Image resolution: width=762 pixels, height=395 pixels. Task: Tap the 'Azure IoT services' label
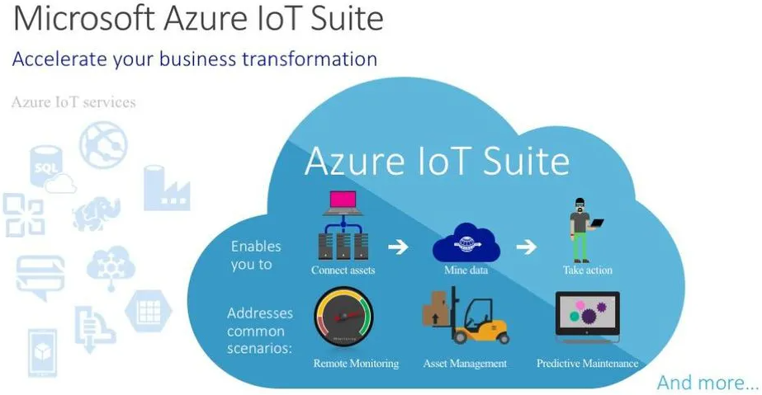(73, 102)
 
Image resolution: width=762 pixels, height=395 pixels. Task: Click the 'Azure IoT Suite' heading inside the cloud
(437, 161)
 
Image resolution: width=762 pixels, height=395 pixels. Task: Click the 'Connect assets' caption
(343, 270)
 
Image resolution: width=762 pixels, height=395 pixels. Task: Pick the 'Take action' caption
(587, 270)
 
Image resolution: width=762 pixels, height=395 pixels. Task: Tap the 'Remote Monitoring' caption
(356, 363)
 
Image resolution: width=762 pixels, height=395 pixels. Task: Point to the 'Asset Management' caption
(465, 363)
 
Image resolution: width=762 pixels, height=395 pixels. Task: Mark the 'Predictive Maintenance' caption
(587, 363)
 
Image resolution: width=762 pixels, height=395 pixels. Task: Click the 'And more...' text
(707, 383)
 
